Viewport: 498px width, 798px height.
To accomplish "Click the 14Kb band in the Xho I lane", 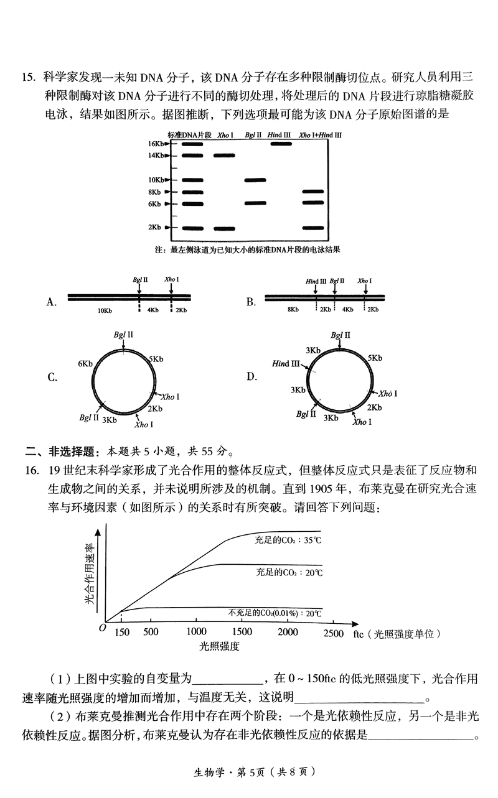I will pos(224,155).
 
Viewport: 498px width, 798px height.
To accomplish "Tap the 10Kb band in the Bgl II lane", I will pos(255,180).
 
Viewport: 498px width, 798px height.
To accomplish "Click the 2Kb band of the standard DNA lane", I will pos(192,228).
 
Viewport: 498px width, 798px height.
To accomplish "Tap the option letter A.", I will pos(52,302).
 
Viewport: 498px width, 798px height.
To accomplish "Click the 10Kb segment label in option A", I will pos(105,310).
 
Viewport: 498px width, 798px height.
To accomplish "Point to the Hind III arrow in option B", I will pos(316,288).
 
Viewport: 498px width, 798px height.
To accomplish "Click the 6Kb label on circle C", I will pos(85,363).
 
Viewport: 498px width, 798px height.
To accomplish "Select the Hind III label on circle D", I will pos(286,364).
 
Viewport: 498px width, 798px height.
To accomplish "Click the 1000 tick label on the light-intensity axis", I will pos(196,633).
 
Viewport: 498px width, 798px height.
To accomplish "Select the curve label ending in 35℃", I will pos(288,540).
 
